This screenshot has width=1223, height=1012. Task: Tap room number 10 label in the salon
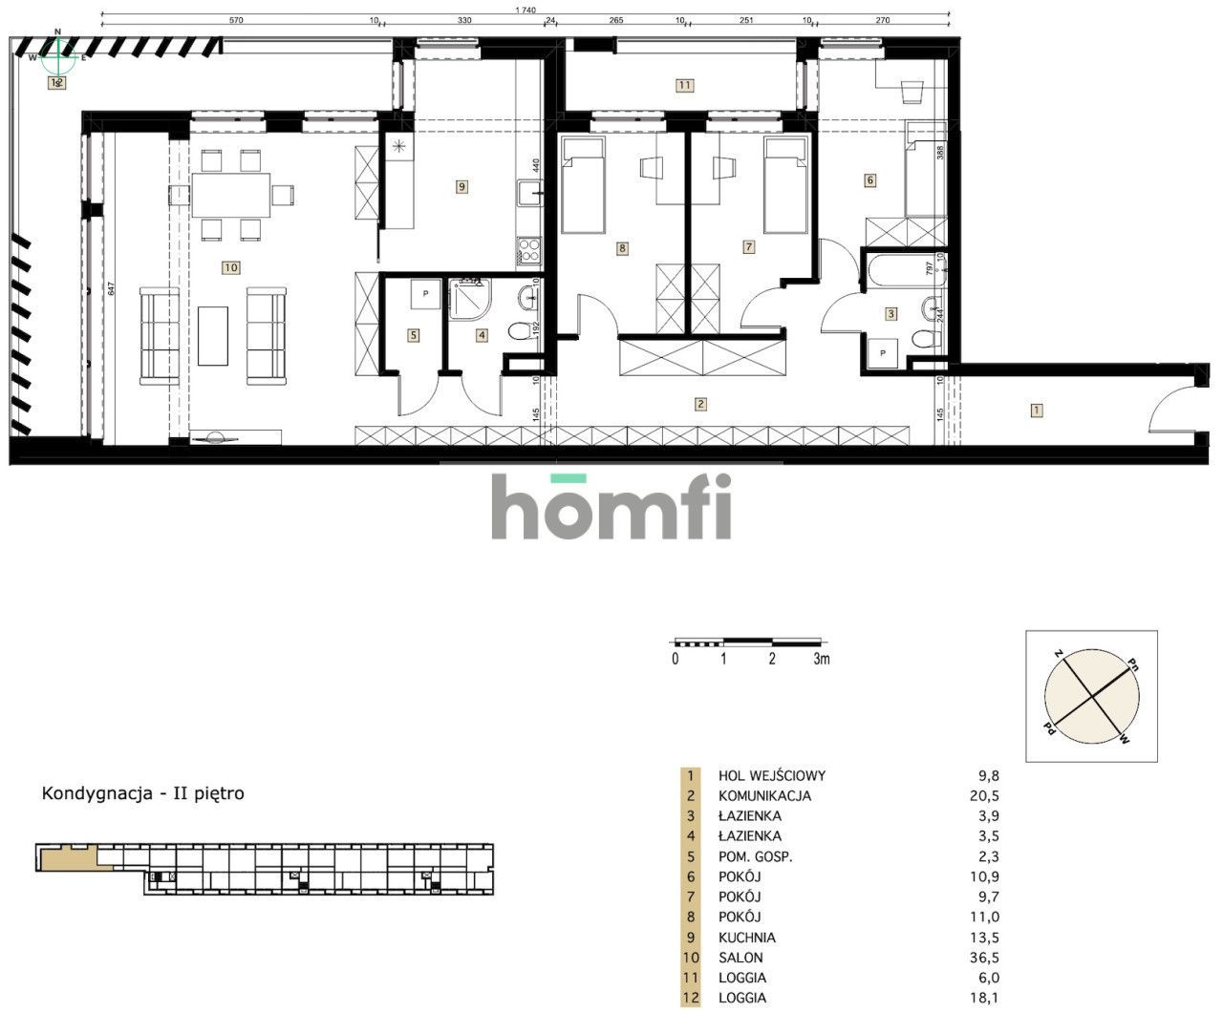click(230, 268)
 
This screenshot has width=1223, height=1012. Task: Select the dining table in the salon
click(229, 195)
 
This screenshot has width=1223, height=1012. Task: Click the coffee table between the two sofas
click(214, 335)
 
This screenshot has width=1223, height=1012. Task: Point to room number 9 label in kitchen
click(461, 187)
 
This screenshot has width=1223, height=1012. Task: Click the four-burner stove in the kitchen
click(528, 251)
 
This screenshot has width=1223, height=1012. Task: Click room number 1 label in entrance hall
click(1037, 411)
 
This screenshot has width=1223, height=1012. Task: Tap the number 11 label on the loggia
click(683, 85)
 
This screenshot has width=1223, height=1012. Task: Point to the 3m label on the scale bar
click(821, 659)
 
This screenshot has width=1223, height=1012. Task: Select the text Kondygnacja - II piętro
click(142, 793)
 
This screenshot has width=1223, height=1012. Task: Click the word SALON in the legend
click(740, 958)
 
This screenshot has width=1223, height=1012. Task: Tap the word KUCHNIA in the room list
click(747, 938)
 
